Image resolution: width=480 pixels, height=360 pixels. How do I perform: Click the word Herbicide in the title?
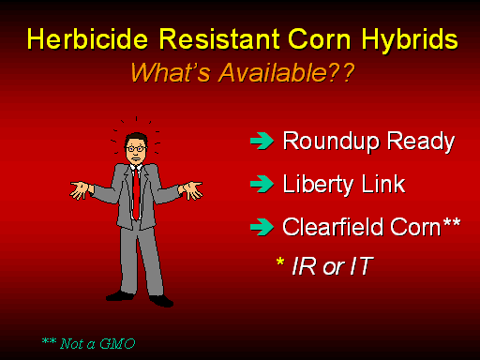[x=87, y=39]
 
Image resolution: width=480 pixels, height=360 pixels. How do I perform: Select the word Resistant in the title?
[x=219, y=39]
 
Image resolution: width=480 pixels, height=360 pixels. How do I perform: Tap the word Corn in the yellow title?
[x=320, y=39]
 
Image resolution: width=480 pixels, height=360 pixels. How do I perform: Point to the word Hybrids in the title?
[x=410, y=40]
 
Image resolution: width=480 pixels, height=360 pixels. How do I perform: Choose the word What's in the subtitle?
[x=171, y=72]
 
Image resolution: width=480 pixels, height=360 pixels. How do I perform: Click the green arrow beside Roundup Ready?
[x=262, y=141]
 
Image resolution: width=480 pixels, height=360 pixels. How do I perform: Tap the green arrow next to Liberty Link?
[x=262, y=184]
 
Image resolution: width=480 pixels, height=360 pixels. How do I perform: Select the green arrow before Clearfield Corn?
[x=262, y=227]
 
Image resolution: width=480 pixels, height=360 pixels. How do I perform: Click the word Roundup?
[x=331, y=142]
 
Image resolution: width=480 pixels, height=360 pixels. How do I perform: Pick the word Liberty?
[x=318, y=185]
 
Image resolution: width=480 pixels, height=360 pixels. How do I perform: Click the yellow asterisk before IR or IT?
[x=280, y=262]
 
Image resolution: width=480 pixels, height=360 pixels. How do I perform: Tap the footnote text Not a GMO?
[x=97, y=344]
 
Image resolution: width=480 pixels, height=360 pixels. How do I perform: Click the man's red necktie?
[x=136, y=194]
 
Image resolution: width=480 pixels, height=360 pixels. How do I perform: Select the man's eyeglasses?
[x=136, y=149]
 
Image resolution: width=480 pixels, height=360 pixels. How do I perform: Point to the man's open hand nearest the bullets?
[x=191, y=189]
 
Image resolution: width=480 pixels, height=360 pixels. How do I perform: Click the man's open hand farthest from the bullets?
[x=82, y=189]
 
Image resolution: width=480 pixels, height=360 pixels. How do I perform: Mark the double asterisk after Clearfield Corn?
[x=452, y=222]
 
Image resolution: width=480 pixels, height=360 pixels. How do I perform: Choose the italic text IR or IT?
[x=333, y=266]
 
